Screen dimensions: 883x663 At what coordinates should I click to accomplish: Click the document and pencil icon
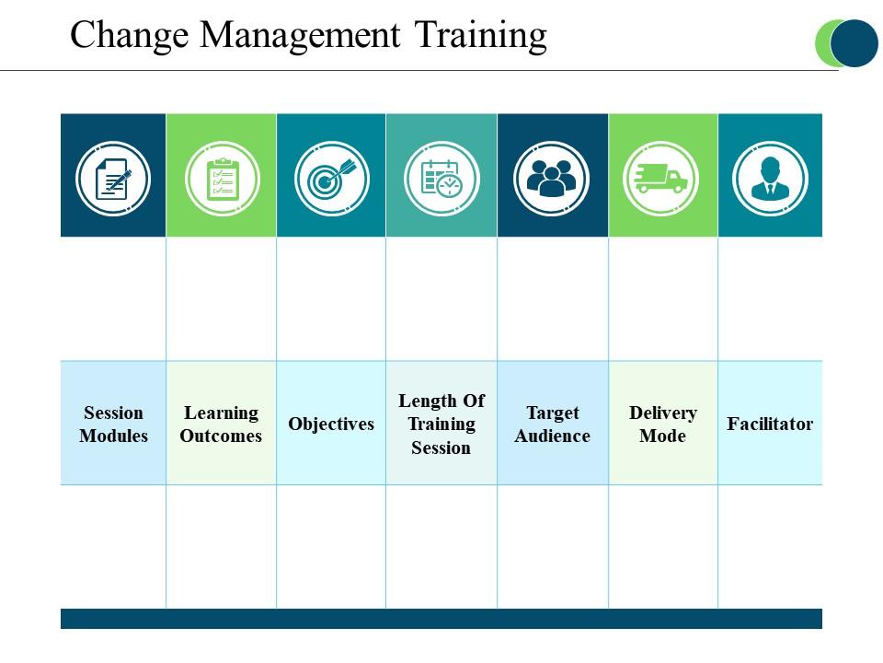click(113, 179)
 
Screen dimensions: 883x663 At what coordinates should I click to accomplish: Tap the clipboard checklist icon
click(223, 179)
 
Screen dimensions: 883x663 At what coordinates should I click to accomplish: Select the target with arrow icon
click(332, 179)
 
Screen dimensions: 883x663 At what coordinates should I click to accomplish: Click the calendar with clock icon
click(441, 179)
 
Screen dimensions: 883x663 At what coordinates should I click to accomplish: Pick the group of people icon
click(551, 179)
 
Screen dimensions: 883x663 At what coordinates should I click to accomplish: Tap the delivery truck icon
click(660, 179)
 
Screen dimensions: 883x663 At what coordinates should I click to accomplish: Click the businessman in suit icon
click(771, 179)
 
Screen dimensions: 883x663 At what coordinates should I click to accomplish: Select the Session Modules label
click(113, 424)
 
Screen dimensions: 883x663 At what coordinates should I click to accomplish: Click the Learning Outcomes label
click(222, 424)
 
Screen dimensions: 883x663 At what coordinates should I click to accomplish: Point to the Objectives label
click(331, 424)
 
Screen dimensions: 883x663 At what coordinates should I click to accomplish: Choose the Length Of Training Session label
click(441, 424)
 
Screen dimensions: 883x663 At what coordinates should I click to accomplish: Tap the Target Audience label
click(553, 424)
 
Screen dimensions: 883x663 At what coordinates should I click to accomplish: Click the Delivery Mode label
click(663, 424)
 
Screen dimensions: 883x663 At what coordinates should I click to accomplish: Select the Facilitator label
click(770, 424)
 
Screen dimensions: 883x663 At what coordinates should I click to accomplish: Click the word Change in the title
click(130, 36)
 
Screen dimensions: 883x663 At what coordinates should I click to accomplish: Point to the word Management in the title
click(300, 34)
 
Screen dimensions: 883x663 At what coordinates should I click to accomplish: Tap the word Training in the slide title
click(481, 36)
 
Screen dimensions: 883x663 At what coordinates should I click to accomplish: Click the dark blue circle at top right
click(854, 43)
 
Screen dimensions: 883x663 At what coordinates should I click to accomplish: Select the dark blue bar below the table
click(441, 619)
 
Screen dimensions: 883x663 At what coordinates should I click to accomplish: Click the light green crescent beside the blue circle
click(822, 43)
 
